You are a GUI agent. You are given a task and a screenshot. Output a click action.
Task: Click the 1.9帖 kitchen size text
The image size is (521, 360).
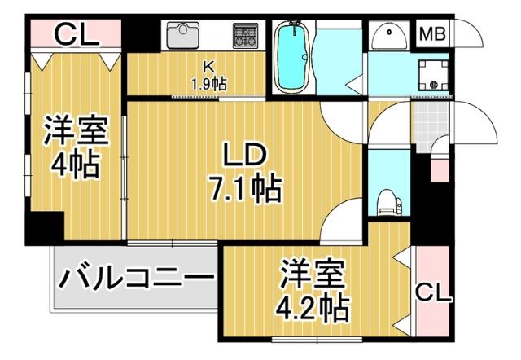pyautogui.click(x=208, y=83)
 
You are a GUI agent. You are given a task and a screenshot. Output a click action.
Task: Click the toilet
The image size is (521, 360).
pyautogui.click(x=388, y=198)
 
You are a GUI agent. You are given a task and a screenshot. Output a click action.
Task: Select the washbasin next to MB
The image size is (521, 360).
pyautogui.click(x=391, y=36)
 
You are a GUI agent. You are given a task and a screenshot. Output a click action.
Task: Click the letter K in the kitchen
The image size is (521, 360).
pyautogui.click(x=208, y=68)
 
